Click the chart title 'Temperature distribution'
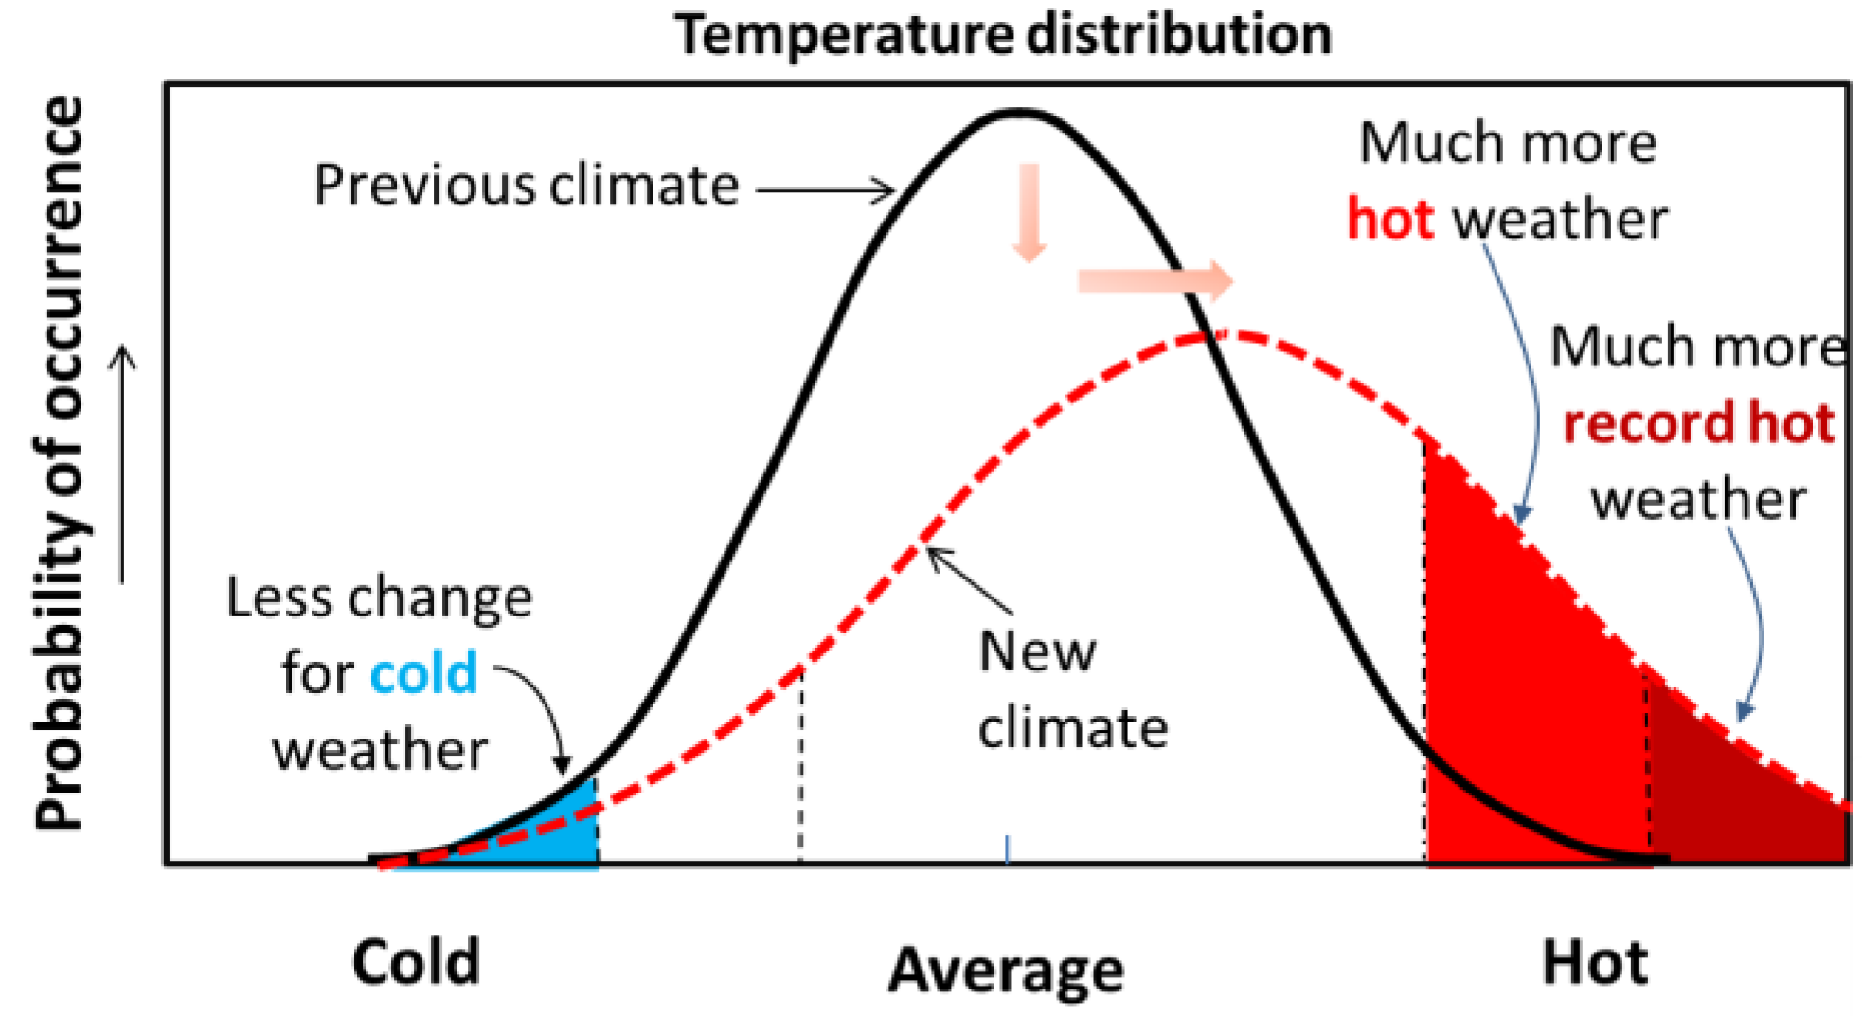point(1003,35)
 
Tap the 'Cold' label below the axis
point(416,962)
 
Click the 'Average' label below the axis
point(1006,970)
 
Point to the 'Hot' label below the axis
point(1595,962)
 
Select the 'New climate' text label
point(1072,689)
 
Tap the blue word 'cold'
point(423,673)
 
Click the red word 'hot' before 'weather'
point(1390,219)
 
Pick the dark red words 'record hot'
point(1699,422)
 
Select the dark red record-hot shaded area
point(1743,805)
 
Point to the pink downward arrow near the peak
point(1029,212)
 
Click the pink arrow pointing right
point(1155,280)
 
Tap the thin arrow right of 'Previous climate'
point(824,190)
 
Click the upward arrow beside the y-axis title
point(123,464)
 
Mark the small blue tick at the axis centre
point(1007,848)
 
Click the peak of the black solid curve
point(1018,114)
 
